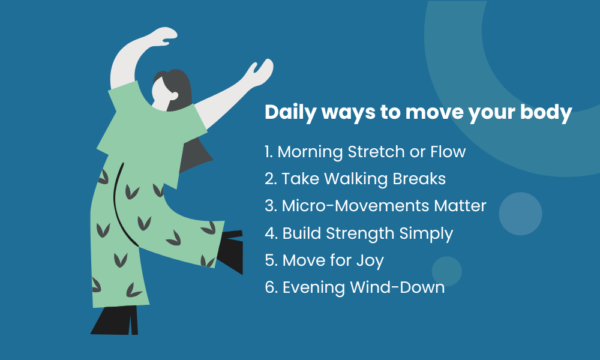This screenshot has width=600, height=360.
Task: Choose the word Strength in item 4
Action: (360, 233)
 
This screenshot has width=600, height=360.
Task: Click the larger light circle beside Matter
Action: (520, 214)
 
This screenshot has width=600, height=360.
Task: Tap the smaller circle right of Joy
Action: (447, 271)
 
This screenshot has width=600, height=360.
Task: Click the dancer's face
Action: (162, 94)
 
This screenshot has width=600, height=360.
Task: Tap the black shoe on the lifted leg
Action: (231, 251)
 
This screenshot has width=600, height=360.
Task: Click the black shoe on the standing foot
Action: (115, 320)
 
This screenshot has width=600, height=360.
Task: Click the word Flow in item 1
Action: (448, 151)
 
